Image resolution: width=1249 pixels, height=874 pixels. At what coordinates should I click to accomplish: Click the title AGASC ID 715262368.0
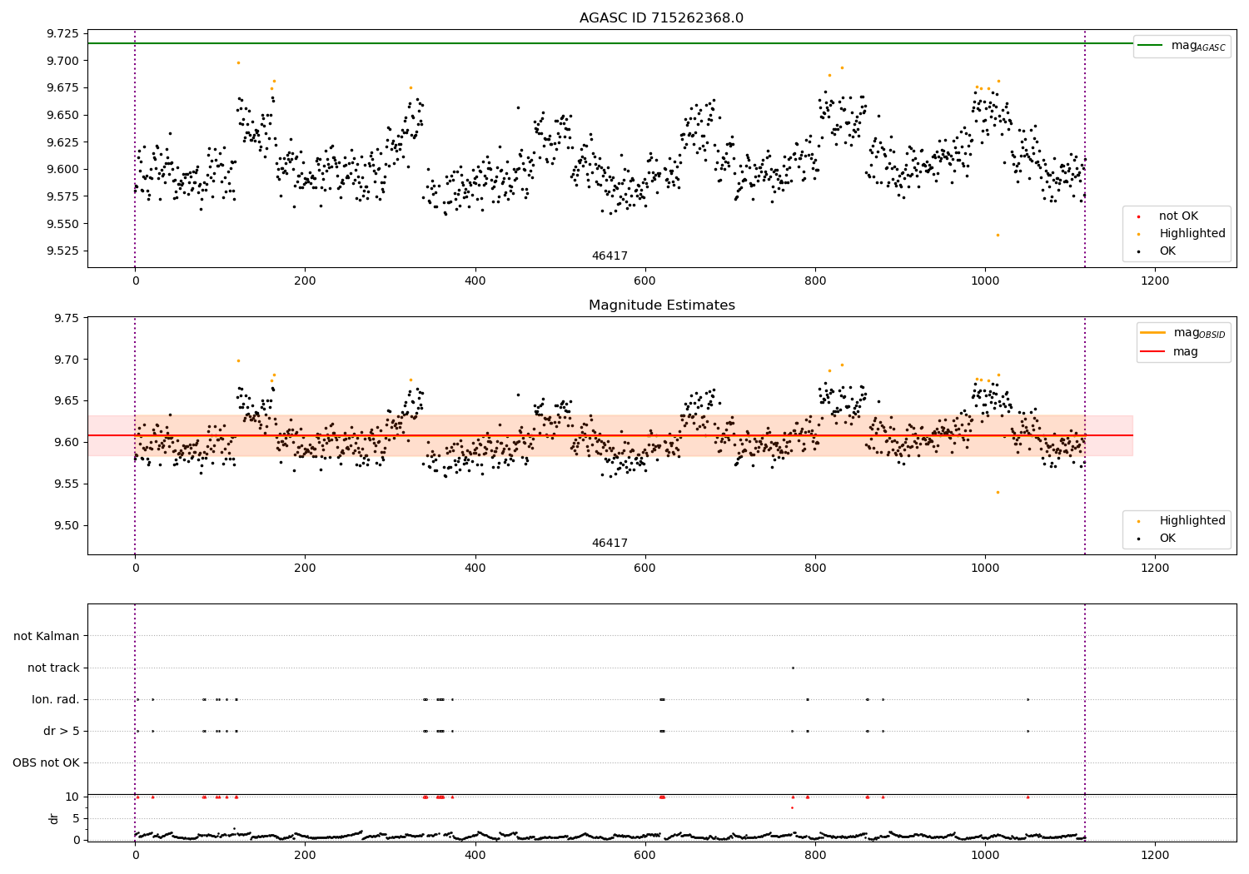point(661,18)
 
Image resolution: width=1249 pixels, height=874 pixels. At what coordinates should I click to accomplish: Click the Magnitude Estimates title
point(661,305)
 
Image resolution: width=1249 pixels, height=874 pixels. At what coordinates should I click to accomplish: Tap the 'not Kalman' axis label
point(47,636)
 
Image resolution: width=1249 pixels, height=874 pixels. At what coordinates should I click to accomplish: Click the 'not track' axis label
point(53,668)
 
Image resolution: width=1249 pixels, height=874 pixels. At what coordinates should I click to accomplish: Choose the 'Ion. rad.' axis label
point(56,699)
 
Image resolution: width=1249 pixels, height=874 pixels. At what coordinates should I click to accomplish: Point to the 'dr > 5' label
point(62,731)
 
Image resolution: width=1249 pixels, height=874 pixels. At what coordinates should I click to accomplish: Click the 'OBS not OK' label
point(47,762)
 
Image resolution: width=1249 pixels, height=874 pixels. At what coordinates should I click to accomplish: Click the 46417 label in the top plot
point(610,256)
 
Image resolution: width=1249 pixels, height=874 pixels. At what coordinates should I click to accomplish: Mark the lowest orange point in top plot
point(998,235)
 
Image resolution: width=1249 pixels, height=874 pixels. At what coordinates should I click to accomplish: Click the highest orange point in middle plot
point(238,360)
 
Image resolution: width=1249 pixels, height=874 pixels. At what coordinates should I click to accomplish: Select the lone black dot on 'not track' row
point(793,668)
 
